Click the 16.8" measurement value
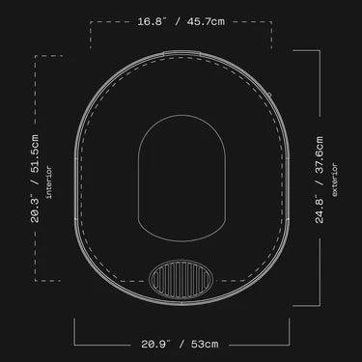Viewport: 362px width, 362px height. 152,21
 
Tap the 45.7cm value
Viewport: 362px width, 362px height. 205,21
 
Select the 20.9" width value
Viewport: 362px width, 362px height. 155,344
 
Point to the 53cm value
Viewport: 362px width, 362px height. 205,344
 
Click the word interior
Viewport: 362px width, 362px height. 49,181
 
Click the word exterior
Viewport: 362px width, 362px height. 335,180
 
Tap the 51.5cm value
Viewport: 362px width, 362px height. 35,153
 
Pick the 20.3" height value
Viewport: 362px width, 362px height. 35,209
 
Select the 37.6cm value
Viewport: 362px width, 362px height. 319,155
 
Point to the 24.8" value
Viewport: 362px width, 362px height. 319,209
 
